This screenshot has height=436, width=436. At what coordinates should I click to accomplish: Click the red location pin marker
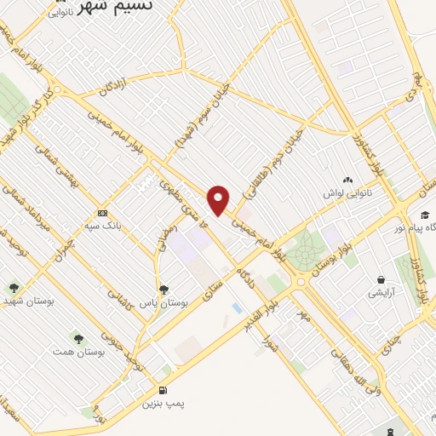220,200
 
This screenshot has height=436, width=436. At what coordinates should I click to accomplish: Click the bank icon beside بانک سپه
103,212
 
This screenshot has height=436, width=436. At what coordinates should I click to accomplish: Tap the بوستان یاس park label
165,303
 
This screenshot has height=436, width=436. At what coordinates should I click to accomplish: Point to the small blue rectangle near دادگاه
235,306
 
